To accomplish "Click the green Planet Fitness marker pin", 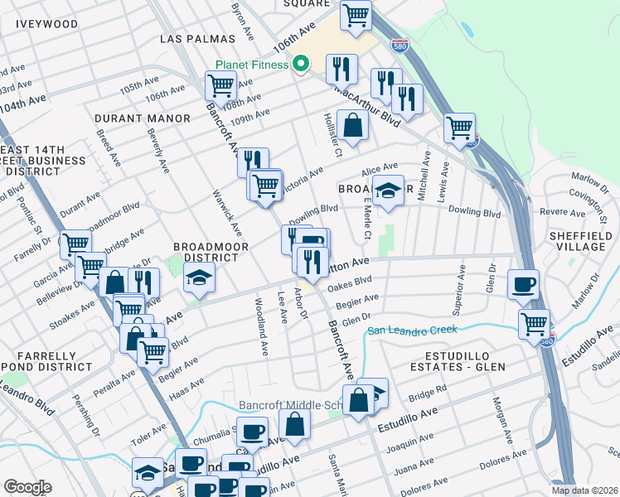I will click(x=302, y=63).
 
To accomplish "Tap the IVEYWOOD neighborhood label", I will click(x=47, y=24).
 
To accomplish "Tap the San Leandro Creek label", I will click(x=412, y=331).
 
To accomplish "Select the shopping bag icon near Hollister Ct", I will click(x=353, y=127).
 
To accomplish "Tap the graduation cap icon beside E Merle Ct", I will click(x=387, y=191).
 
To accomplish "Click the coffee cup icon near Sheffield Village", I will click(x=522, y=285).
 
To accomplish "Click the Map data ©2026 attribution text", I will click(x=584, y=490).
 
